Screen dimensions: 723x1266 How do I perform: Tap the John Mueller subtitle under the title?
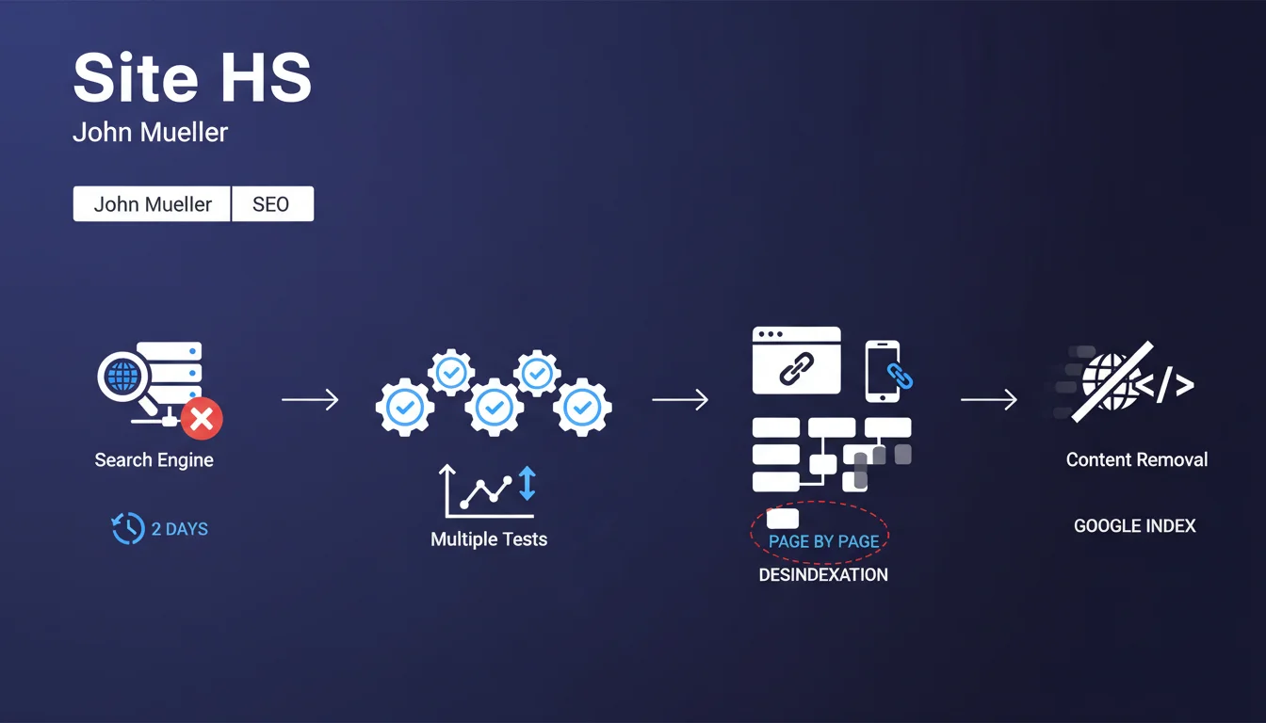tap(151, 132)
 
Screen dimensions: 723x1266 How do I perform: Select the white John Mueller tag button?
tap(153, 204)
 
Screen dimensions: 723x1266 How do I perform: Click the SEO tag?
tap(271, 204)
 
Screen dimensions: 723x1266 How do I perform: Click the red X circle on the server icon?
tap(202, 419)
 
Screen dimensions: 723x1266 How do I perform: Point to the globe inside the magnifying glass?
tap(123, 378)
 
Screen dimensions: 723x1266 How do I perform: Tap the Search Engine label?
tap(154, 460)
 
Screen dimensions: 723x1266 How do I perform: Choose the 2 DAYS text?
tap(180, 529)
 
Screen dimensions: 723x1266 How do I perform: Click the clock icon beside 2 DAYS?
tap(128, 529)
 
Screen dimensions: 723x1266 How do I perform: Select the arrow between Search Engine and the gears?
tap(310, 400)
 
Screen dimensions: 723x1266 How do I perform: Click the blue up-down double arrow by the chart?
tap(527, 483)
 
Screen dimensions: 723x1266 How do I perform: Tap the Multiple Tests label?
tap(489, 539)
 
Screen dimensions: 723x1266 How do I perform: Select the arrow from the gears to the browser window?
tap(680, 400)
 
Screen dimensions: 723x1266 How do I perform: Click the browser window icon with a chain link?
tap(796, 361)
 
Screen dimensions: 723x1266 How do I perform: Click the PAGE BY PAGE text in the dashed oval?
tap(824, 541)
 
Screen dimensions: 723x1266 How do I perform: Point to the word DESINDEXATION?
tap(823, 574)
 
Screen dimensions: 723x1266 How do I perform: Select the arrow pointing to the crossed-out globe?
tap(989, 400)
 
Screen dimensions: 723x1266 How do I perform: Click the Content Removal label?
tap(1137, 460)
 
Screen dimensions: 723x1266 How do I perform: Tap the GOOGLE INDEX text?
tap(1135, 526)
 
